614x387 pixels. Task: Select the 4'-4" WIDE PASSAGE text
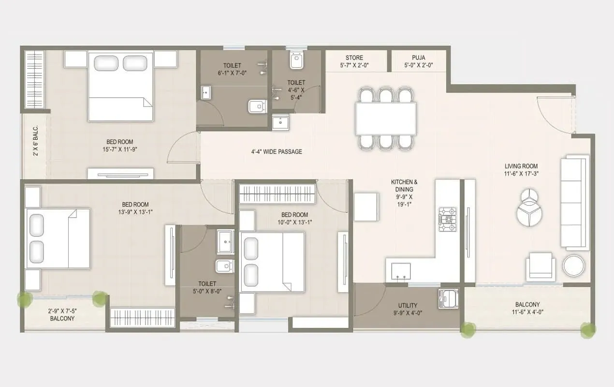pos(277,152)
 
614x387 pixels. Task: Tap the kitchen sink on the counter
pos(401,271)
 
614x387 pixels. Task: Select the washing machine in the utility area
pos(448,298)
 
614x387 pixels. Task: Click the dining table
pos(386,119)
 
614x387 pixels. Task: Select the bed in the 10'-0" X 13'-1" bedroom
pos(272,262)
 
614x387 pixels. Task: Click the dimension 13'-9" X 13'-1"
pos(135,212)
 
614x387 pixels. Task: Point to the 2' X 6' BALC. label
pos(36,146)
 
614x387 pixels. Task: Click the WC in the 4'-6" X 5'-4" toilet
pos(296,60)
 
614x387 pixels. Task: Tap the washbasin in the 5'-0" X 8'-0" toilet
pos(225,242)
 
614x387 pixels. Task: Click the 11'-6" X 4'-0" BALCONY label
pos(527,308)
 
